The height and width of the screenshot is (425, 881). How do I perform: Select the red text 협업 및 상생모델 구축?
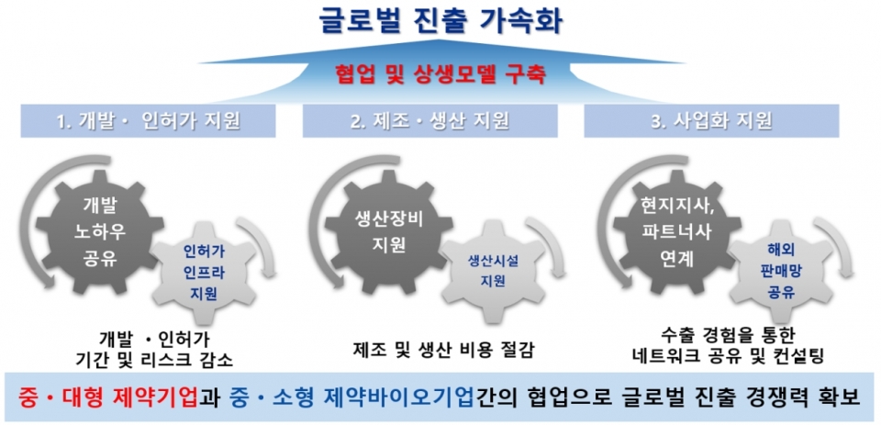(x=440, y=73)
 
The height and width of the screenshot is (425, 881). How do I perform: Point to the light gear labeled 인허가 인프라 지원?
(x=199, y=271)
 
